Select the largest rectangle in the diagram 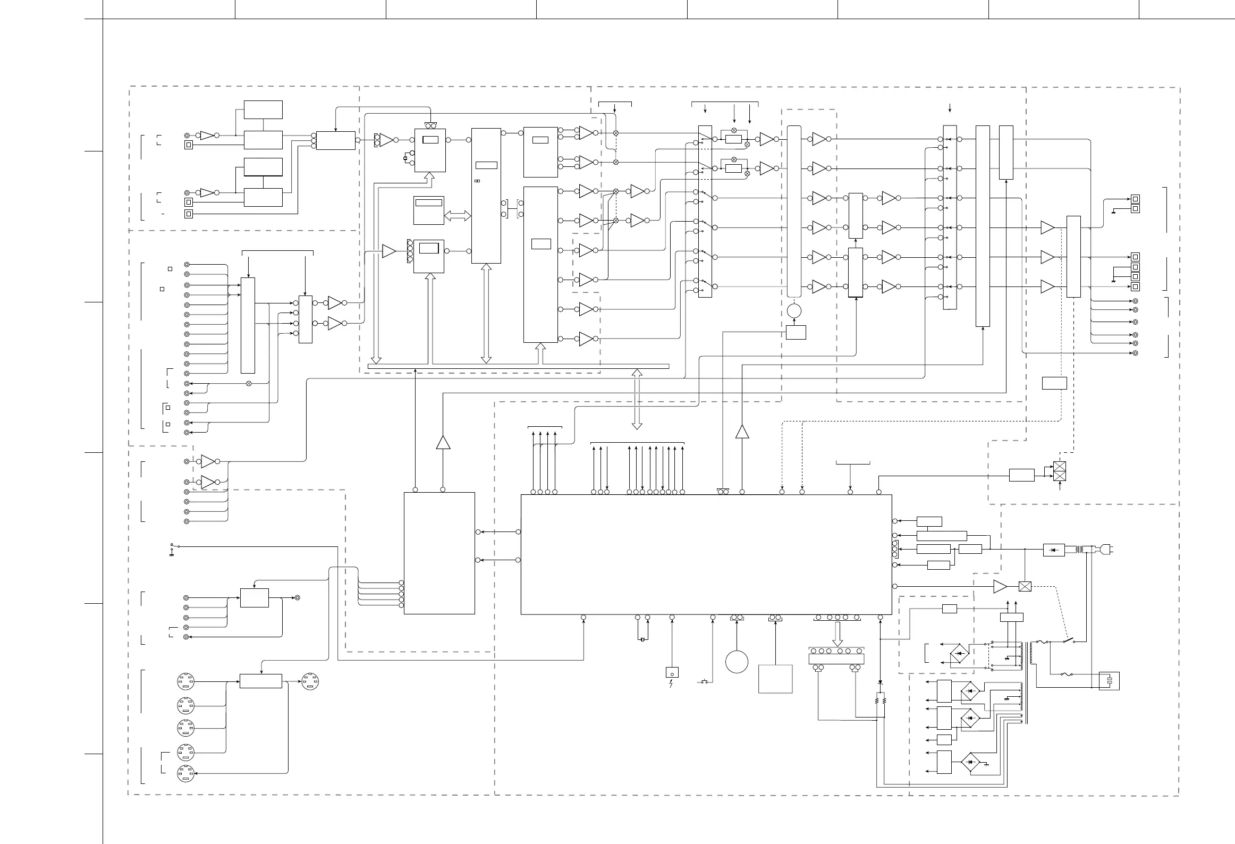click(706, 554)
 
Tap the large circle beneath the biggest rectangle click(737, 662)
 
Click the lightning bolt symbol click(671, 683)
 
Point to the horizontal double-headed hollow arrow click(458, 215)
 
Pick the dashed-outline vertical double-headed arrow click(637, 399)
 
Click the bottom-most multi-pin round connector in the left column click(186, 773)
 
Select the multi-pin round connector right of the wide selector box click(310, 681)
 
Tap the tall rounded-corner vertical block click(794, 212)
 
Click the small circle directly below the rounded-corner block click(794, 310)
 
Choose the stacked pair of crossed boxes click(1060, 471)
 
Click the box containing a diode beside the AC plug click(1054, 550)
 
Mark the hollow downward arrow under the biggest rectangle click(837, 634)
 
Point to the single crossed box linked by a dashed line click(1025, 587)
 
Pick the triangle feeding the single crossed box click(1000, 587)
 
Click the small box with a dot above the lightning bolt click(672, 672)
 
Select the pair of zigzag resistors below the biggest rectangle click(881, 701)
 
